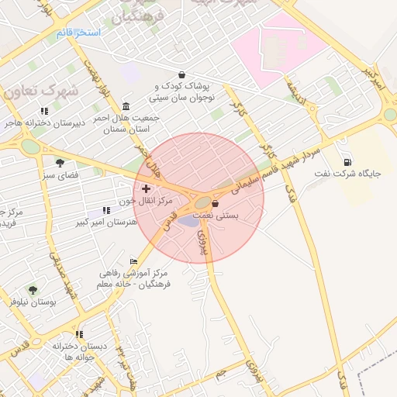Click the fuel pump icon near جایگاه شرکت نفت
[346, 162]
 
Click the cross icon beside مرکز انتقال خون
[146, 188]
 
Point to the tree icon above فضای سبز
[60, 162]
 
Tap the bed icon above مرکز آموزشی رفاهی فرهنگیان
[133, 262]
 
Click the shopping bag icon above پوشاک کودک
[181, 75]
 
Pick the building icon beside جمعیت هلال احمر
[126, 106]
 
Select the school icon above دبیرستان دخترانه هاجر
[44, 111]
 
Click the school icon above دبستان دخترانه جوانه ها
[79, 334]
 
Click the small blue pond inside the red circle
[188, 222]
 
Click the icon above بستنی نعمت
[215, 203]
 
